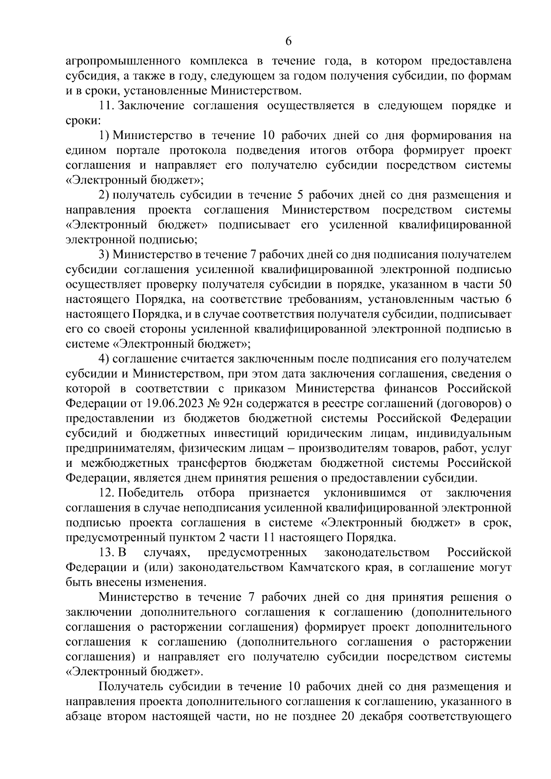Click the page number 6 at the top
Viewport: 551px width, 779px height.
pos(288,41)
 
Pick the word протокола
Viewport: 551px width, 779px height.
pos(201,151)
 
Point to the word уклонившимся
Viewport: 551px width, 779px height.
pos(359,493)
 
